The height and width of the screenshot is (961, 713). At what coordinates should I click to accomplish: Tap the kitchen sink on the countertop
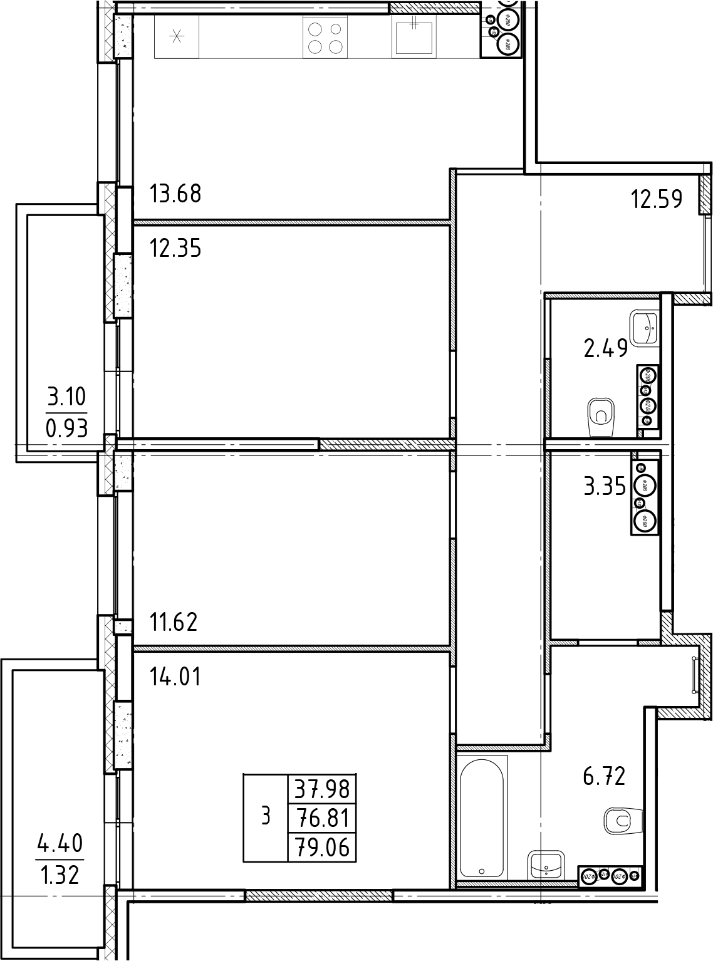tap(414, 36)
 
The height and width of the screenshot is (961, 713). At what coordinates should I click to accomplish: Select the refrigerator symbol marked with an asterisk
tap(176, 37)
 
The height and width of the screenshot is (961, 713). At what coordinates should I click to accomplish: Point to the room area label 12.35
tap(175, 249)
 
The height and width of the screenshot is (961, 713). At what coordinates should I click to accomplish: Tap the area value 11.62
tap(174, 622)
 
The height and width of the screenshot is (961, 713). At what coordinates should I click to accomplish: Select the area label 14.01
tap(175, 677)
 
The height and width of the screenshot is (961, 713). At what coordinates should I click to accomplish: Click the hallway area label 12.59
tap(657, 199)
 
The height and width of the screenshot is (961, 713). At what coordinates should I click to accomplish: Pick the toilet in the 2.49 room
tap(602, 416)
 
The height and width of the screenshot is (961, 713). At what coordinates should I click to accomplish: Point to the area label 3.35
tap(605, 487)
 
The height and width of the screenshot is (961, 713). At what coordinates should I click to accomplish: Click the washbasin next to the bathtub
tap(546, 865)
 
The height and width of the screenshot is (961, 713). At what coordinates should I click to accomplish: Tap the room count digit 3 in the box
tap(266, 816)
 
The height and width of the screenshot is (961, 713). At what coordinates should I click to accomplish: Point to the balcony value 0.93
tap(66, 429)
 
